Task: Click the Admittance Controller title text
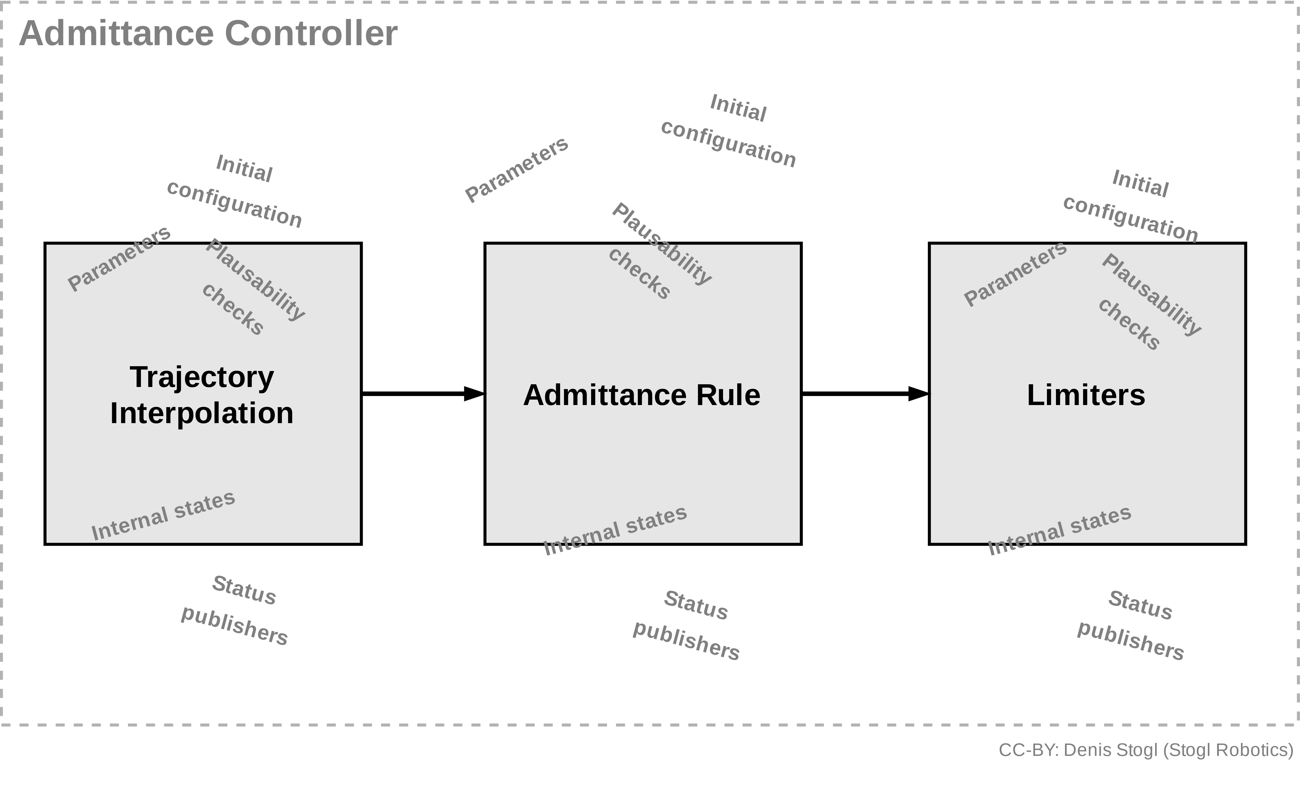click(x=208, y=33)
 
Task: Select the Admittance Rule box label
click(x=641, y=395)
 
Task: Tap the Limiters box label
click(x=1086, y=395)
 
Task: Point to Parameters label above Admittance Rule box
click(x=516, y=169)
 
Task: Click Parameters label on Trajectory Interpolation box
click(x=119, y=258)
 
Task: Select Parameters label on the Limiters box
click(x=1015, y=273)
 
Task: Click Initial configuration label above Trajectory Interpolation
click(x=235, y=191)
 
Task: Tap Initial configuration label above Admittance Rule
click(x=728, y=131)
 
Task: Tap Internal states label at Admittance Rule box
click(x=615, y=530)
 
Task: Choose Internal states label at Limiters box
click(x=1059, y=530)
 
